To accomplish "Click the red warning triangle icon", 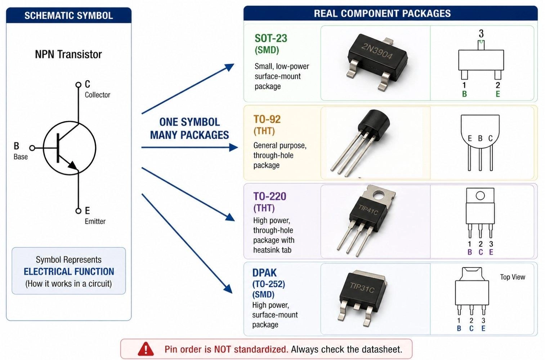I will (x=146, y=349).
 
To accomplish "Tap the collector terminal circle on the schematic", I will (x=78, y=85).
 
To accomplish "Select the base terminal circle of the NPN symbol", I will (x=32, y=148).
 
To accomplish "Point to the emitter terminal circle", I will (x=78, y=211).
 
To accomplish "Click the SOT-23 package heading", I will (x=271, y=38).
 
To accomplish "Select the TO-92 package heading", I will (x=267, y=119).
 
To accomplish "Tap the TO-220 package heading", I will (x=269, y=196).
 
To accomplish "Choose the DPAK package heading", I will (x=264, y=273).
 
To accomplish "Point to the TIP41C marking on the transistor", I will (x=368, y=209).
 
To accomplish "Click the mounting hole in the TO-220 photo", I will (x=379, y=195).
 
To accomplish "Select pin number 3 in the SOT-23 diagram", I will (x=481, y=34).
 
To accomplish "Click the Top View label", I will (x=512, y=277).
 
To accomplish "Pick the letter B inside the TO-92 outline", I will (x=480, y=138).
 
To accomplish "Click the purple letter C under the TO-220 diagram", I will (x=481, y=252).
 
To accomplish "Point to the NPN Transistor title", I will (x=68, y=54).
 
